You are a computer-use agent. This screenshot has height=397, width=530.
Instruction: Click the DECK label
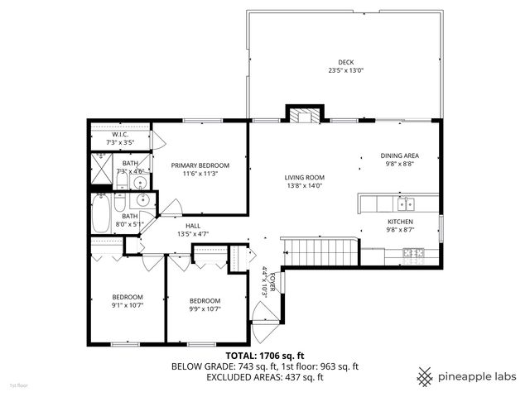pyautogui.click(x=345, y=62)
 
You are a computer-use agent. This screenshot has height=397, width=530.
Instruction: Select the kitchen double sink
pyautogui.click(x=405, y=203)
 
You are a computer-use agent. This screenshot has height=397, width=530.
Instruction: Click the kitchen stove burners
pyautogui.click(x=419, y=252)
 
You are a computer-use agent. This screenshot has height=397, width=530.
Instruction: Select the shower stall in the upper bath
pyautogui.click(x=101, y=169)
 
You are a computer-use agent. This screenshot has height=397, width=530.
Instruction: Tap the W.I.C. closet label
pyautogui.click(x=120, y=135)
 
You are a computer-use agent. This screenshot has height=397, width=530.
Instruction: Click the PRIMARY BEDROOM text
pyautogui.click(x=200, y=165)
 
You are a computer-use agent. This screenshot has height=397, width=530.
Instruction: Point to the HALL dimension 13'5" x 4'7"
pyautogui.click(x=192, y=234)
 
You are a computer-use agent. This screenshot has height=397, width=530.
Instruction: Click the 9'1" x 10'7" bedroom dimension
pyautogui.click(x=127, y=305)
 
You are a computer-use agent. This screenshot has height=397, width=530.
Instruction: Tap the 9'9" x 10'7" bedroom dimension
pyautogui.click(x=205, y=309)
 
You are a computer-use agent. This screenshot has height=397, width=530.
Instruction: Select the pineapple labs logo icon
pyautogui.click(x=426, y=376)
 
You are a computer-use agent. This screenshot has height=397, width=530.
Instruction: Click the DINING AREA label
pyautogui.click(x=399, y=155)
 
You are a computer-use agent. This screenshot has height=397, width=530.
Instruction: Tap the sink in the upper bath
pyautogui.click(x=142, y=175)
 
